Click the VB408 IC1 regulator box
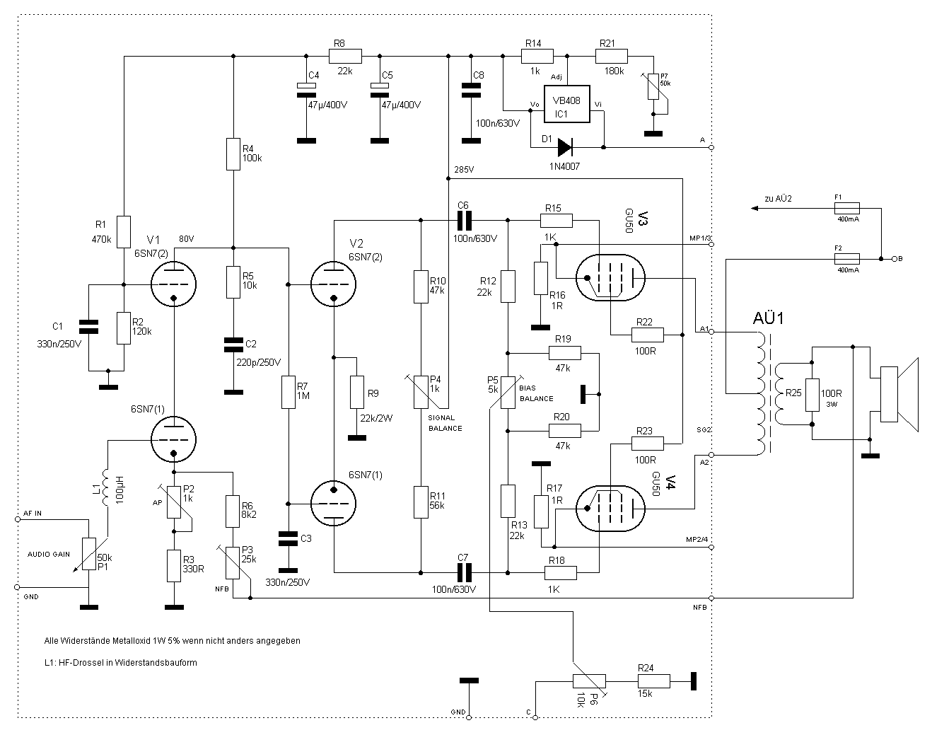(x=566, y=105)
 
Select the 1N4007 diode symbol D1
(x=565, y=147)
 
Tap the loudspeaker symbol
(x=897, y=395)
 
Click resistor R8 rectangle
(x=346, y=56)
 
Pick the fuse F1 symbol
(x=847, y=208)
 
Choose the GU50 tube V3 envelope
(x=610, y=278)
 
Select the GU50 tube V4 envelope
(x=610, y=508)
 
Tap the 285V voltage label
(x=464, y=170)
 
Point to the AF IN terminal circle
(x=18, y=519)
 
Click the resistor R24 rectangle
(x=653, y=681)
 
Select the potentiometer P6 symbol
(x=589, y=681)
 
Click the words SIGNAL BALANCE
(x=445, y=423)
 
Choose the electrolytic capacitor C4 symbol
(x=306, y=87)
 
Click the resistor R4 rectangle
(x=233, y=154)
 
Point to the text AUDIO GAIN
(x=49, y=554)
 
